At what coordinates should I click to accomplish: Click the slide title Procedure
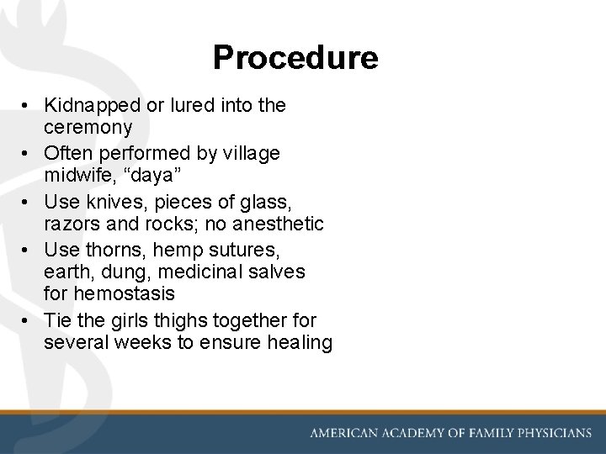tap(295, 58)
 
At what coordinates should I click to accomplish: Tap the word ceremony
tap(88, 127)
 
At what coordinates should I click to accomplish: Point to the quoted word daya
tap(142, 176)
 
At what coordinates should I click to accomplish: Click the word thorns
tap(110, 251)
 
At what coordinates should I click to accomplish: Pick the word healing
tap(300, 342)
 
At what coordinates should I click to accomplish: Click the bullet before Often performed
tap(28, 155)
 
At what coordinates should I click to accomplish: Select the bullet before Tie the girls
tap(28, 321)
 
